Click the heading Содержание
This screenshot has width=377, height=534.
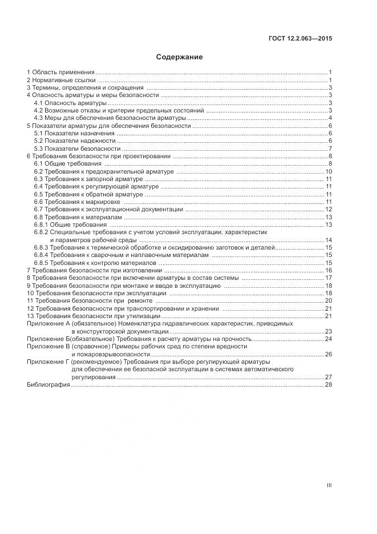coord(179,57)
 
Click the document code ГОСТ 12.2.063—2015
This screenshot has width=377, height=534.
coord(300,39)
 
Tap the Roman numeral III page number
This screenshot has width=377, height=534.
coord(329,485)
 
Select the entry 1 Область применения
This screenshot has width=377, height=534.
coord(60,73)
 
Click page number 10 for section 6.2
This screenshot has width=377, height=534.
coord(329,171)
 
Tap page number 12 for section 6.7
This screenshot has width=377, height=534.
coord(329,210)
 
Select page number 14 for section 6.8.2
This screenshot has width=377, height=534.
coord(329,240)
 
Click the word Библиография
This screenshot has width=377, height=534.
coord(48,385)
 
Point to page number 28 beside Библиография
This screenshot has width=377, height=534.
coord(329,385)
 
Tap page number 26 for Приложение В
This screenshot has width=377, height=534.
coord(329,354)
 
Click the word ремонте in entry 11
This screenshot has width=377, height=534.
coord(140,300)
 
